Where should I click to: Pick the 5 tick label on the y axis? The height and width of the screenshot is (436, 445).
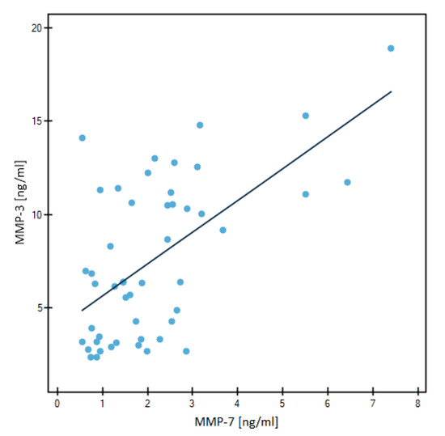(x=38, y=307)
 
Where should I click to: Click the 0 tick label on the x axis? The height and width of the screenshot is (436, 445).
(x=57, y=404)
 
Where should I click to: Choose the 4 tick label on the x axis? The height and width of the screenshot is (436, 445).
(x=238, y=404)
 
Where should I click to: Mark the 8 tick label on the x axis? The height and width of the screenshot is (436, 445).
(x=417, y=404)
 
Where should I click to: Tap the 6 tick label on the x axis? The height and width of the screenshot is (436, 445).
(x=328, y=404)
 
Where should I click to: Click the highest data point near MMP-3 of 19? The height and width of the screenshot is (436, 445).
(x=391, y=49)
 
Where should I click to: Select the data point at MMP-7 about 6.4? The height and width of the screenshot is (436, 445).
(x=347, y=182)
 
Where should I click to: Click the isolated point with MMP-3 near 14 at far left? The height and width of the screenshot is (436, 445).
(x=82, y=138)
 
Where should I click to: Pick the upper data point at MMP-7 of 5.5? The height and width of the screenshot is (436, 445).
(x=305, y=116)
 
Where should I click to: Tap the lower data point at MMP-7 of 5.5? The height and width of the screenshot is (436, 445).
(x=305, y=194)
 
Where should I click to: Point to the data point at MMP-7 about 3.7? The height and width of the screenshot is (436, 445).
(x=223, y=230)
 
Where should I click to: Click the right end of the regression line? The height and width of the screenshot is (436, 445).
(x=392, y=91)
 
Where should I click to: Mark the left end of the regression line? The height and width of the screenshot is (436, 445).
(x=81, y=310)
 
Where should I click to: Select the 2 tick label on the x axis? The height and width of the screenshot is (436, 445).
(x=147, y=404)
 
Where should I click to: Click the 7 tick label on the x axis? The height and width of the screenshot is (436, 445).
(x=372, y=404)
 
